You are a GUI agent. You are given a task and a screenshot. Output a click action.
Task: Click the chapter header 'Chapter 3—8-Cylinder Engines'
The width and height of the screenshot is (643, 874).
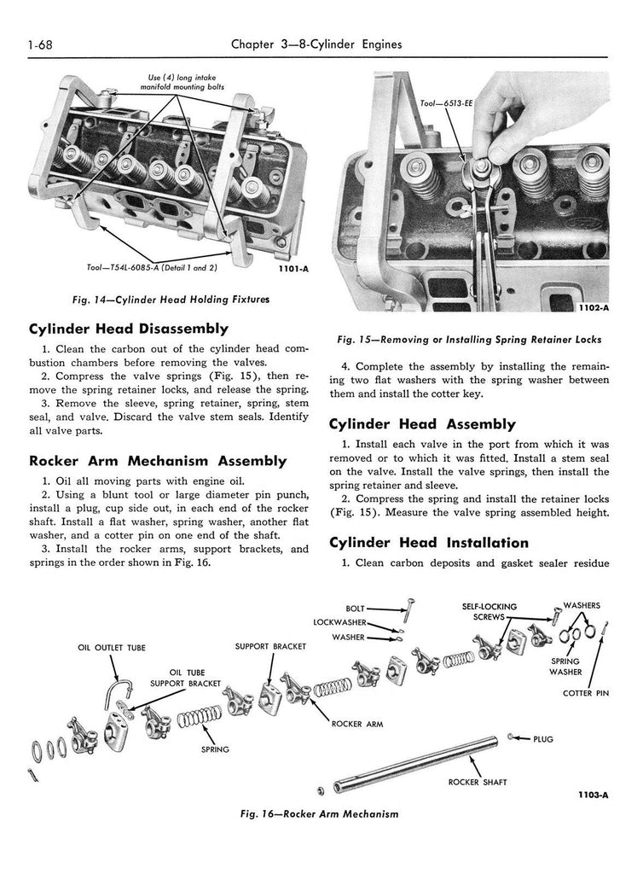[316, 44]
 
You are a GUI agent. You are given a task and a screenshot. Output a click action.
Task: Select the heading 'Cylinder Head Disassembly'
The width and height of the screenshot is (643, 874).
[129, 329]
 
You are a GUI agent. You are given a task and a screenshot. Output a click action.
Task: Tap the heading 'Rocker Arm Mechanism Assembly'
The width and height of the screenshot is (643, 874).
[158, 461]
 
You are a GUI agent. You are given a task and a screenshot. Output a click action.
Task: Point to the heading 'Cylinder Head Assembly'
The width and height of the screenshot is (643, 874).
[422, 424]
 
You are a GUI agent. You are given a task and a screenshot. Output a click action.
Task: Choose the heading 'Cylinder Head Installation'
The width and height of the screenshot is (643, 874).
[428, 543]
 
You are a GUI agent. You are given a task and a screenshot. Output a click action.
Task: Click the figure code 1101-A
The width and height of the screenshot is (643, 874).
[293, 268]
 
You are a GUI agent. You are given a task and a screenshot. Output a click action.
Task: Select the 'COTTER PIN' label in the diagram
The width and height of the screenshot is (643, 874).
[586, 693]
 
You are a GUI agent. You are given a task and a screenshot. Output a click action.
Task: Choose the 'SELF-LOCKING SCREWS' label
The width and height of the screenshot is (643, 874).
[489, 611]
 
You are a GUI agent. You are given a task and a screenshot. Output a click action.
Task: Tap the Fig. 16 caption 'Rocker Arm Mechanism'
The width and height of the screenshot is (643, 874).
[321, 814]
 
